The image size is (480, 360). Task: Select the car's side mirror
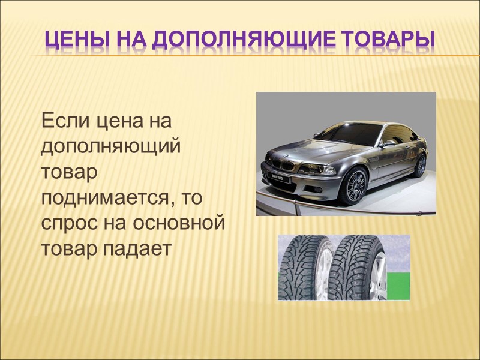[x=389, y=143]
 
